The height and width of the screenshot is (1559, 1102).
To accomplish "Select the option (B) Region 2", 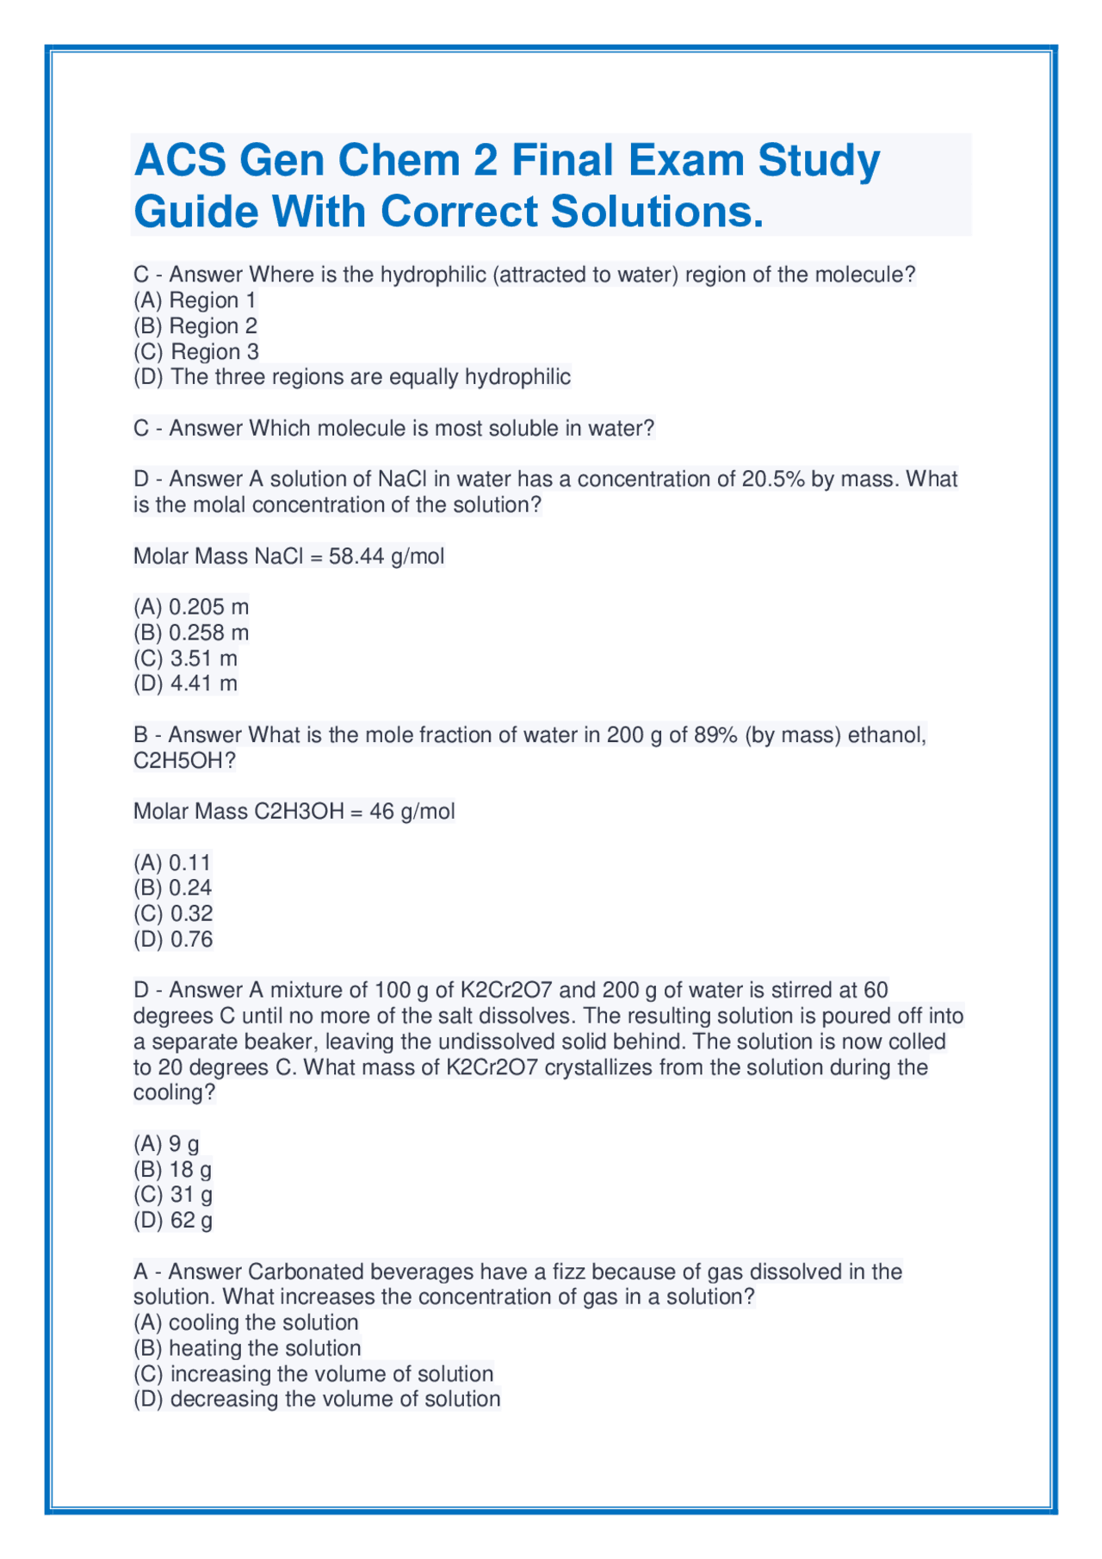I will [x=195, y=326].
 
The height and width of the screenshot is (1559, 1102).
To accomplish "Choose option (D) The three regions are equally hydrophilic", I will [x=352, y=377].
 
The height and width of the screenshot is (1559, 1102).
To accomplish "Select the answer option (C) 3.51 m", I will [x=185, y=659].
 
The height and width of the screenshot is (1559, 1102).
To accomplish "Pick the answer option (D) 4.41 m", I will [x=185, y=684].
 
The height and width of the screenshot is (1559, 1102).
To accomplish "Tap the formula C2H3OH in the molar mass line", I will [x=299, y=812].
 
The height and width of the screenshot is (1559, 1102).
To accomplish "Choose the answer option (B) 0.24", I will [x=172, y=888].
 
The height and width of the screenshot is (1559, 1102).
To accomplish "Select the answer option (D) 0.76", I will [x=173, y=939].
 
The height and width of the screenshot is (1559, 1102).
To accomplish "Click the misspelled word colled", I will [x=914, y=1042].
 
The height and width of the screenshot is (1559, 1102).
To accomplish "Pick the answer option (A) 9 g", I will [x=166, y=1144].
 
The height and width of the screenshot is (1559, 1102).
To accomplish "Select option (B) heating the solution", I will [x=247, y=1348].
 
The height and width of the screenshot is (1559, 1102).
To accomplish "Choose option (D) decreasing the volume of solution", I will [x=317, y=1399].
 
